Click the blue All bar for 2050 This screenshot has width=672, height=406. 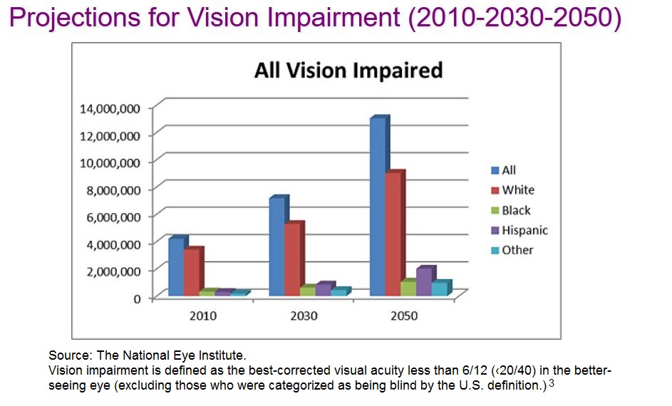378,207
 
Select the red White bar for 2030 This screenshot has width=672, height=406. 292,259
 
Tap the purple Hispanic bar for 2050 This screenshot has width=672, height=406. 425,281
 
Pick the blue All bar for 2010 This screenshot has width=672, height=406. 176,266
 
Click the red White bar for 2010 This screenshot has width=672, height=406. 192,272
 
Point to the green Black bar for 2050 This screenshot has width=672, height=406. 408,288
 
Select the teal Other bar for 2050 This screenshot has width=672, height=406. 440,288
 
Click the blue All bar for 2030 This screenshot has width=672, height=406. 276,246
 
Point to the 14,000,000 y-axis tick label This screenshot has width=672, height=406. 110,108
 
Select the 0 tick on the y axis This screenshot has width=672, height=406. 136,298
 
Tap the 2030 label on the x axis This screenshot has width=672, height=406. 304,316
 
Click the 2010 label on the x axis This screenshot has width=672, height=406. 203,316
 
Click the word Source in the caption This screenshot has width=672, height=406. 66,354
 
